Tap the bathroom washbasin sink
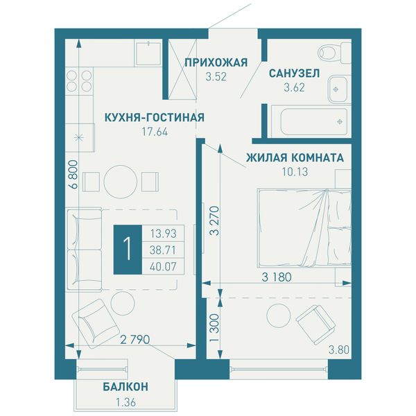coord(337,89)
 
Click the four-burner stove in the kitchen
coord(79,80)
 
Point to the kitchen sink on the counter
coord(148,53)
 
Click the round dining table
coord(120,182)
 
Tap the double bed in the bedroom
coord(304,228)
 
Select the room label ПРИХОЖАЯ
coord(216,62)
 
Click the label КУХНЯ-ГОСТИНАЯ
coord(155,117)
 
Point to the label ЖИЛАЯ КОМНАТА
coord(295,158)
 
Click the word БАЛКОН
coord(125,387)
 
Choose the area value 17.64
coord(155,132)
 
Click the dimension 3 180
coord(277,277)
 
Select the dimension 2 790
coord(135,339)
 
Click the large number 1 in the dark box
coord(128,250)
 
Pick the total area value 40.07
coord(163,266)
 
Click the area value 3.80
coord(339,350)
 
